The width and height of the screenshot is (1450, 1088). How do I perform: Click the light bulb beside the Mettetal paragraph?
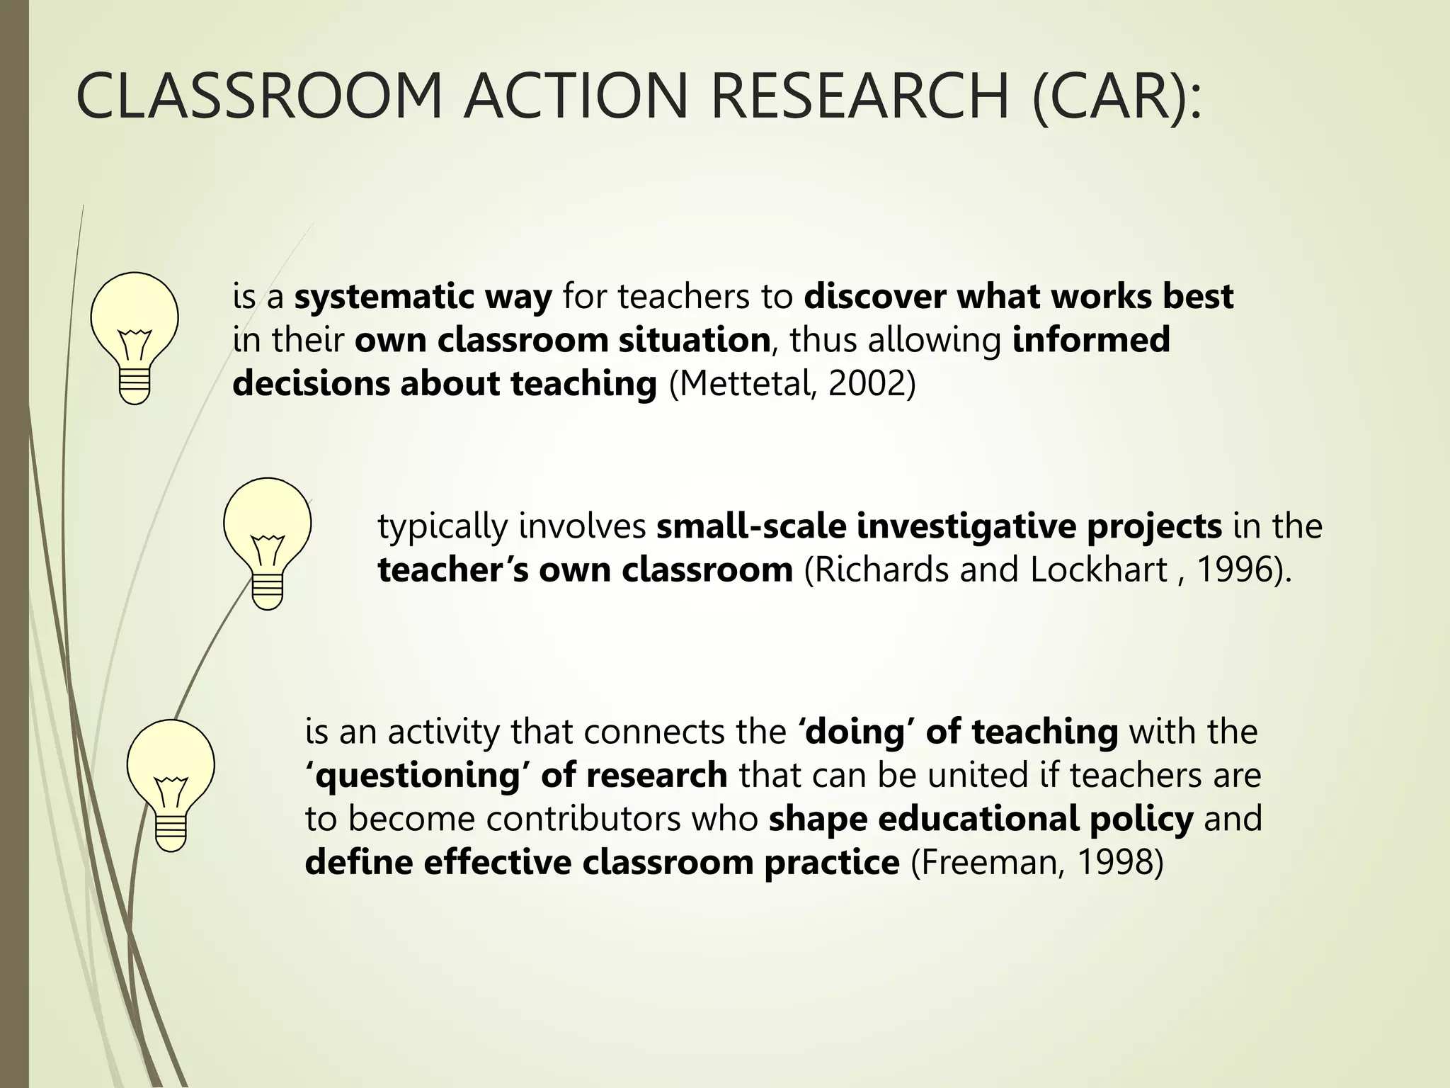[x=135, y=337]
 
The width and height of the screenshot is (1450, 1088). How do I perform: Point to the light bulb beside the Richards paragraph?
[x=267, y=543]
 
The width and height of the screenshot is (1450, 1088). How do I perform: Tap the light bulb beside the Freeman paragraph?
[x=171, y=784]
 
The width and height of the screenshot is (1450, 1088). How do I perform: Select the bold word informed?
[x=1091, y=340]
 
